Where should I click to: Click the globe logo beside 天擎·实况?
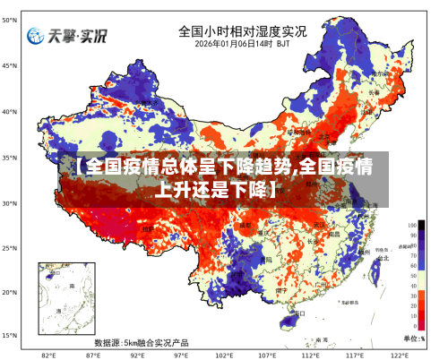tap(36, 36)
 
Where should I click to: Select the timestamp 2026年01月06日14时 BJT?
tap(242, 43)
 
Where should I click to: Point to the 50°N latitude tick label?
tap(9, 21)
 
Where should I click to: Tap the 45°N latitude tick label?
tap(9, 66)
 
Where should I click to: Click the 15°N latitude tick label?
tap(9, 336)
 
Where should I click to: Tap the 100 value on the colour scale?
tap(412, 226)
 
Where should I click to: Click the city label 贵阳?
tap(265, 260)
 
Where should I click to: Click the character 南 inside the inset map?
tap(72, 286)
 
